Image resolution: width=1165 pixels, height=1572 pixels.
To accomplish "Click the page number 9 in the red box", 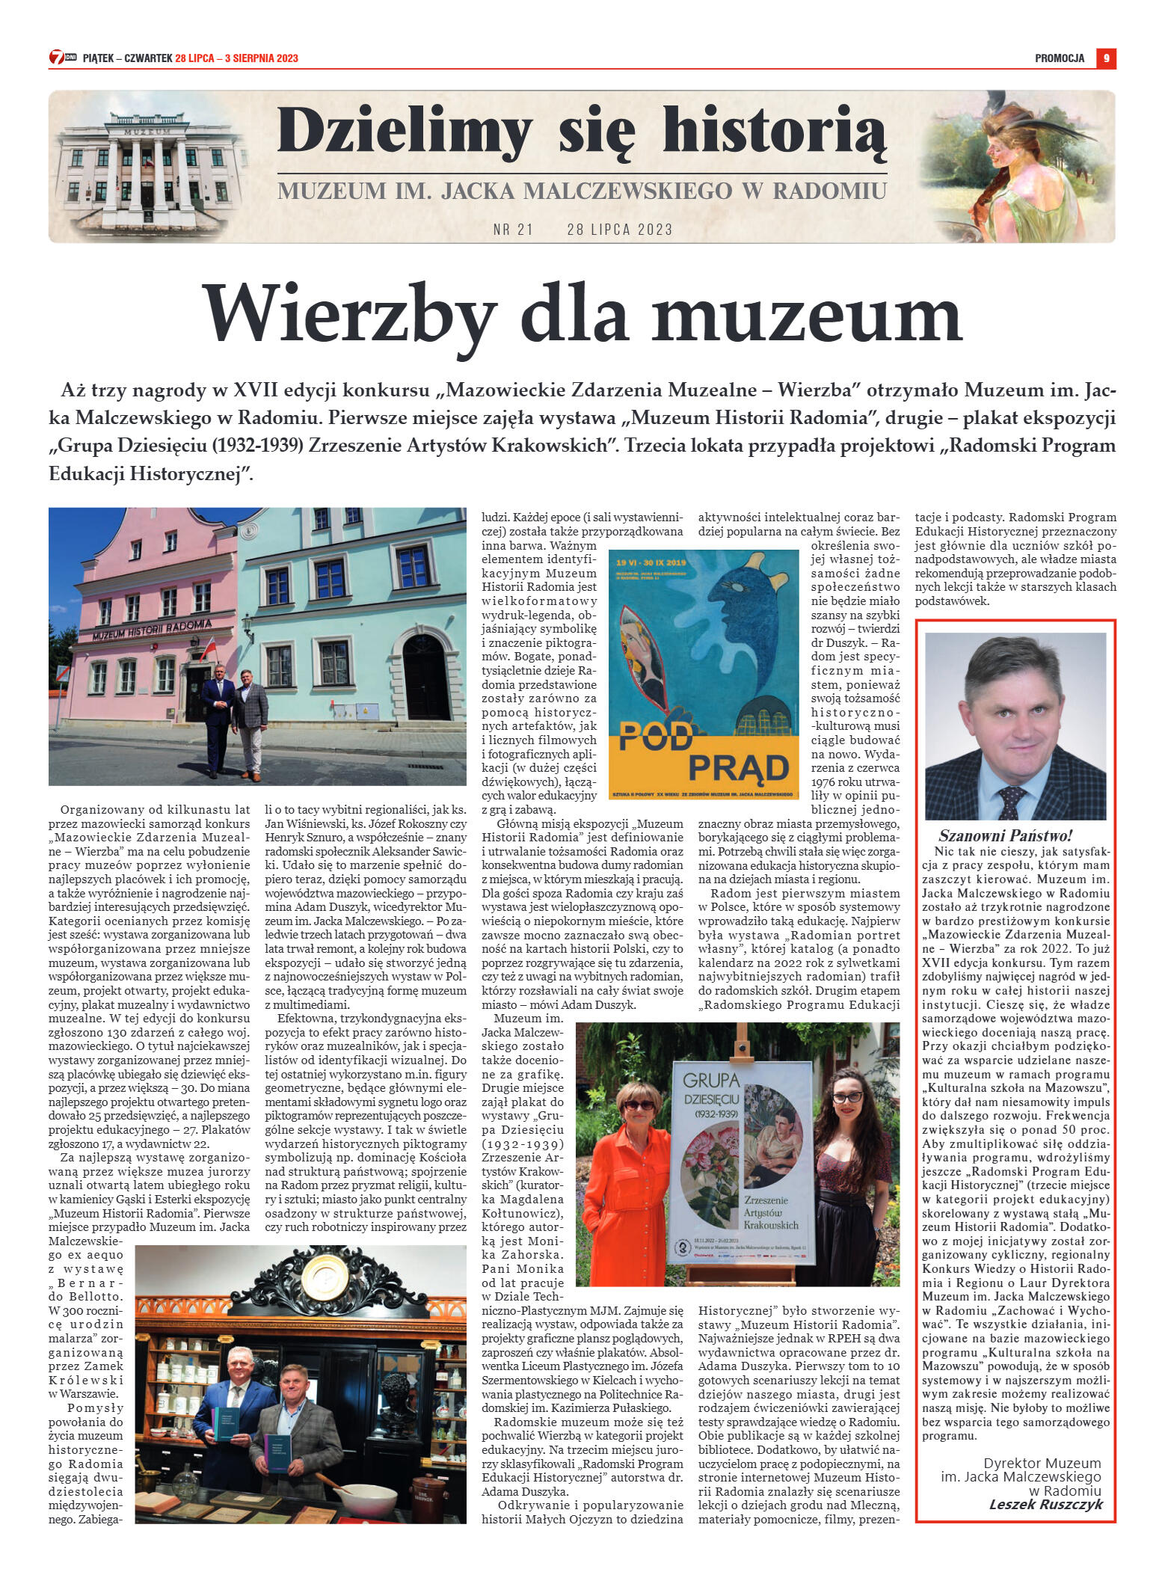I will click(x=1106, y=58).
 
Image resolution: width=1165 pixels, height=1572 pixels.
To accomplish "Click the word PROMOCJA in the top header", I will click(x=1059, y=58).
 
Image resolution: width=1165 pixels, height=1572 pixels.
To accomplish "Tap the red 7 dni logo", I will click(x=57, y=58).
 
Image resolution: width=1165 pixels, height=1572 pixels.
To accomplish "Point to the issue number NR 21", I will click(x=513, y=230).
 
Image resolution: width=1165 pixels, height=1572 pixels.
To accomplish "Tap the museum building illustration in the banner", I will click(x=147, y=166).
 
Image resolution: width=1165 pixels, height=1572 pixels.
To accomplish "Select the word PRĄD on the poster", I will click(x=738, y=767).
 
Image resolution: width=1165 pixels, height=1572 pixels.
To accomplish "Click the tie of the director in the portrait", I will click(x=1011, y=801).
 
